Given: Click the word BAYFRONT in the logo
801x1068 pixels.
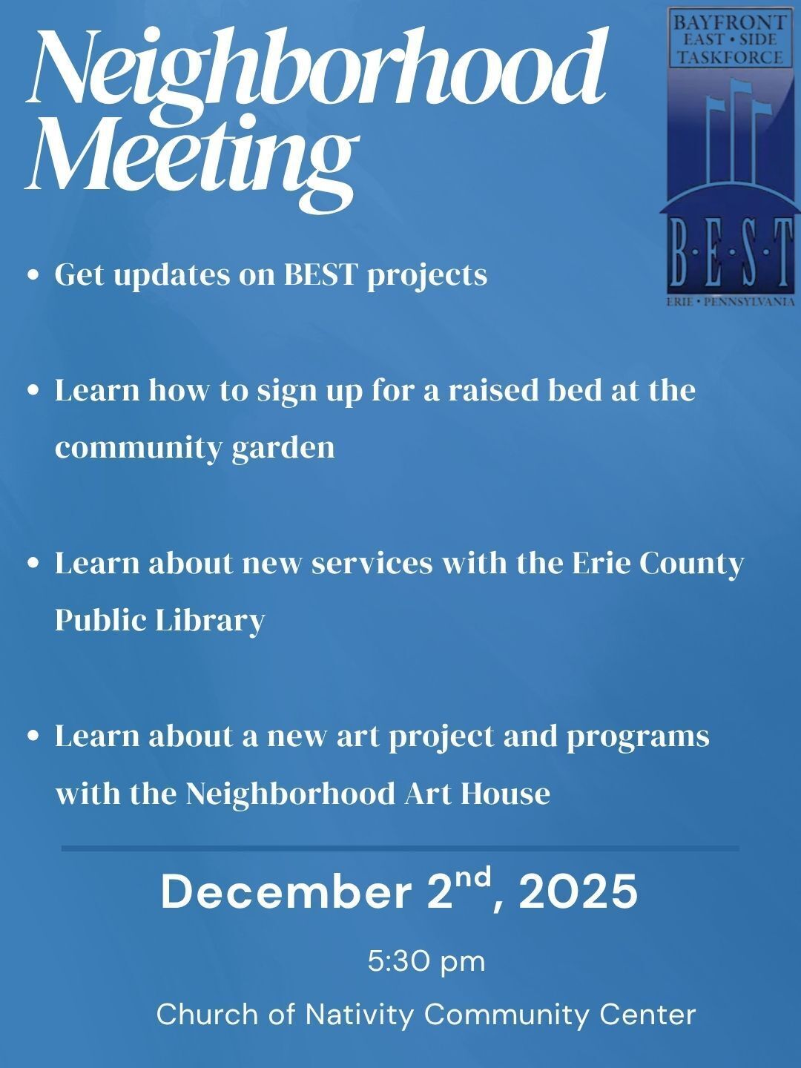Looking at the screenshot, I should point(728,22).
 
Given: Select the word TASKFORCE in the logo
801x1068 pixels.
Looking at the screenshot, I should point(728,57).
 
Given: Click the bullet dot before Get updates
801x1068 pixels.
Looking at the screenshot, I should point(32,275).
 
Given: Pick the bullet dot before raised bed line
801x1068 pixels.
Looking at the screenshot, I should point(32,390).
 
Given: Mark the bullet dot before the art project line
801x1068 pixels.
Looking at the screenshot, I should point(32,736).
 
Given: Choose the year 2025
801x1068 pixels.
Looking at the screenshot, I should point(578,892).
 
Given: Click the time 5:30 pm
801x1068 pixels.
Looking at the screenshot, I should point(426,962).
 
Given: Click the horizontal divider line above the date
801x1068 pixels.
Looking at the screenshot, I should point(400,848).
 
